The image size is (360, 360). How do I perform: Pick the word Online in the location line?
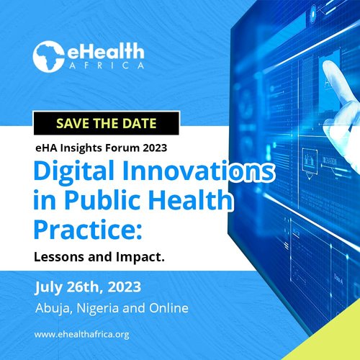coord(168,308)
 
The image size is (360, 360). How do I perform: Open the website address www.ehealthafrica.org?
coord(81,335)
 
